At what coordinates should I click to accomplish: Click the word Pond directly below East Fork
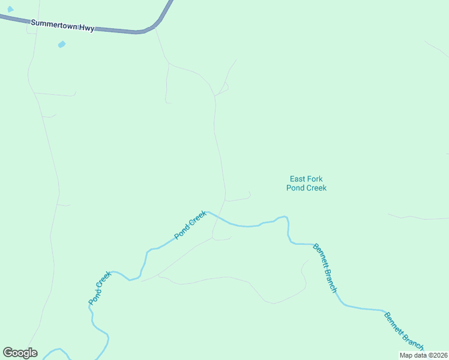click(x=295, y=188)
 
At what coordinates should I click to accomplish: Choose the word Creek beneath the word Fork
click(x=316, y=188)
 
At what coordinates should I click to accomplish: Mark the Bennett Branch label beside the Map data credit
click(x=404, y=332)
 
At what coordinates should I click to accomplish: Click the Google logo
click(x=20, y=353)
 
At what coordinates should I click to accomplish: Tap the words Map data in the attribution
click(x=413, y=355)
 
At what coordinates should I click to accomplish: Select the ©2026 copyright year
click(x=437, y=355)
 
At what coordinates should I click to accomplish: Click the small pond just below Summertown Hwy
click(x=61, y=44)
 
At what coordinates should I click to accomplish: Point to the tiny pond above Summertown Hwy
click(x=10, y=9)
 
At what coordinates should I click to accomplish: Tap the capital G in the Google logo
click(x=8, y=352)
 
